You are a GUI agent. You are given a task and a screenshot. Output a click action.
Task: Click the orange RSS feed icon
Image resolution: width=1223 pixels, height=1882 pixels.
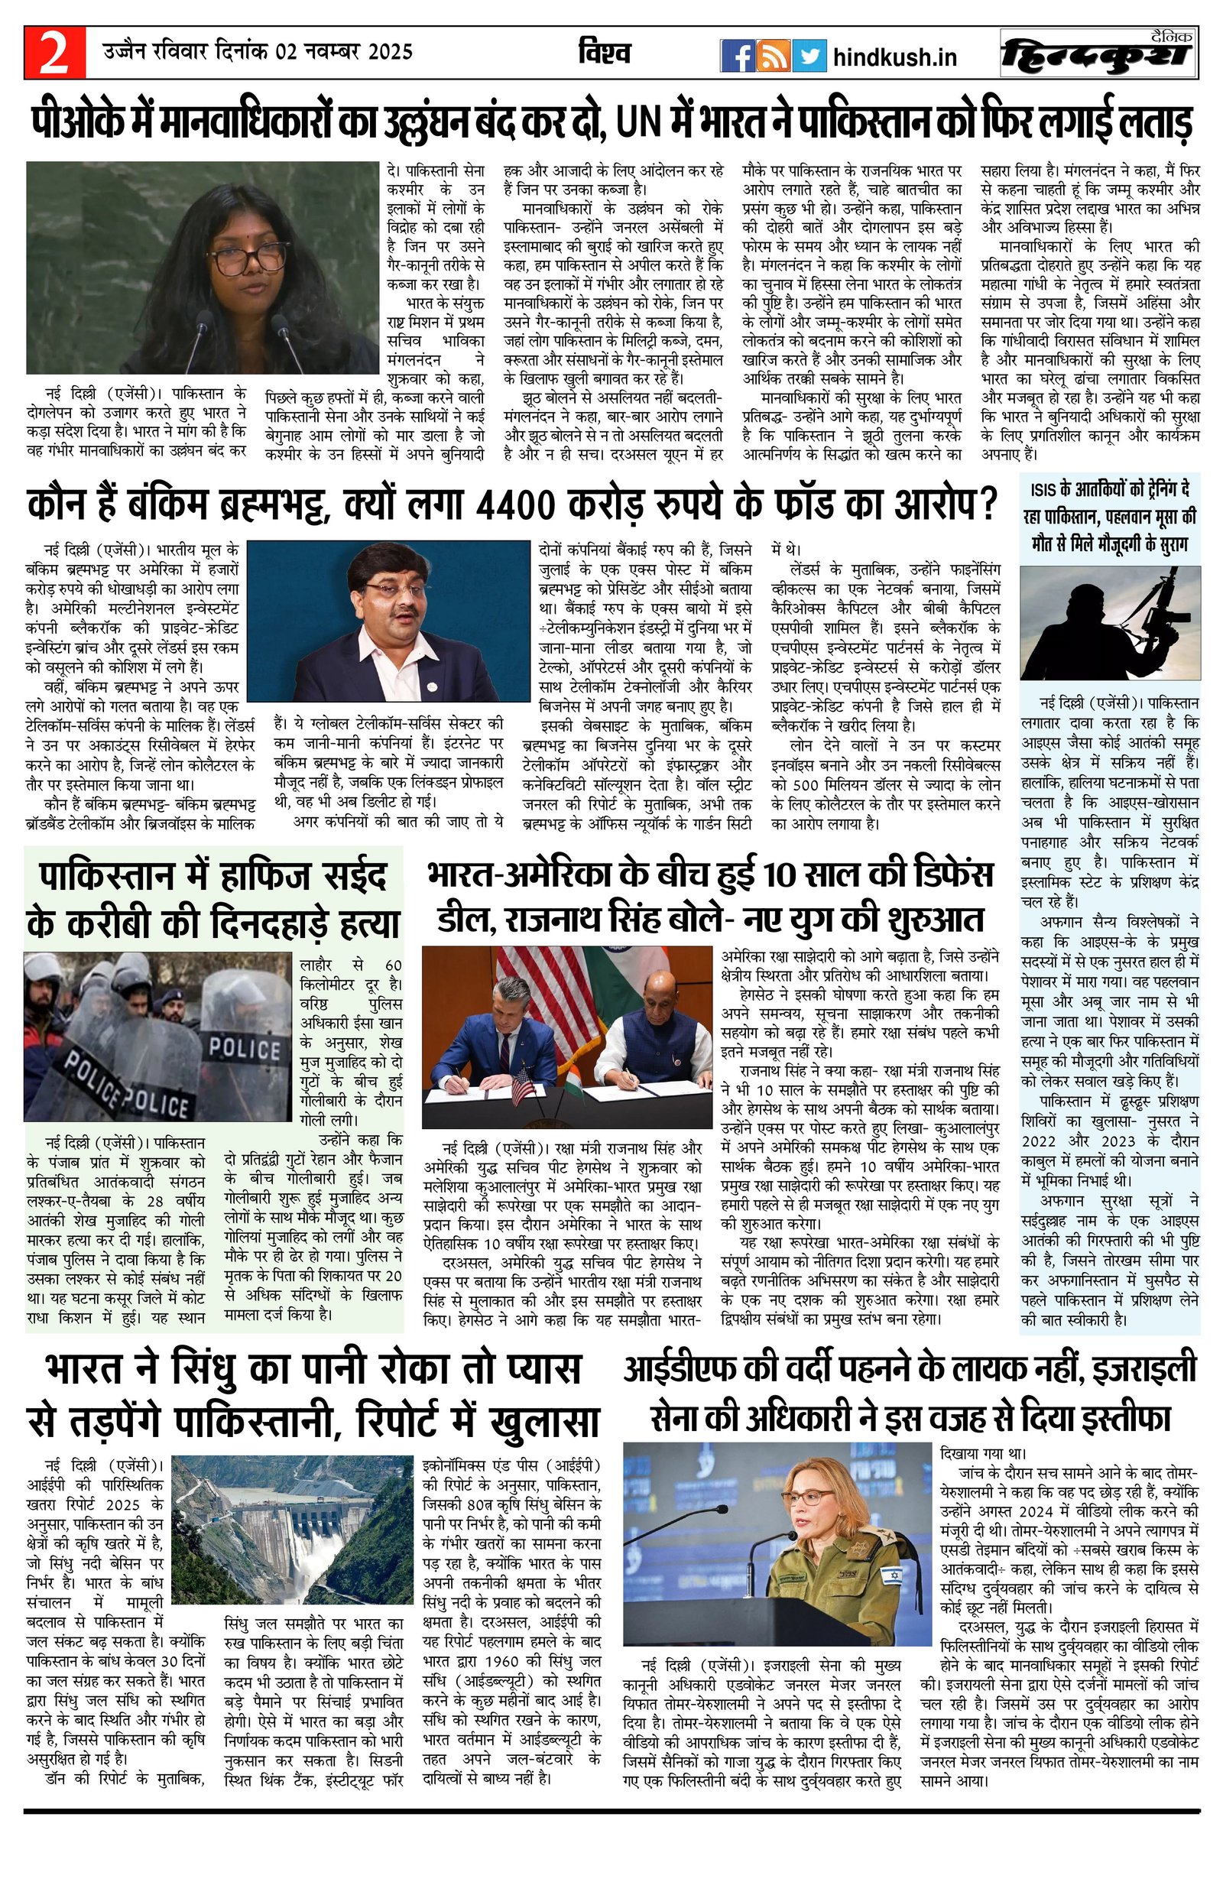(x=772, y=56)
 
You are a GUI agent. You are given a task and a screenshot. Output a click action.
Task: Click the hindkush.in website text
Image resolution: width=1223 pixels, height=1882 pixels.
(x=895, y=57)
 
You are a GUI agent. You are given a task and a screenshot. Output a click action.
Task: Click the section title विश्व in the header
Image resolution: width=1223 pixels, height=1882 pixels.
(x=603, y=53)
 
